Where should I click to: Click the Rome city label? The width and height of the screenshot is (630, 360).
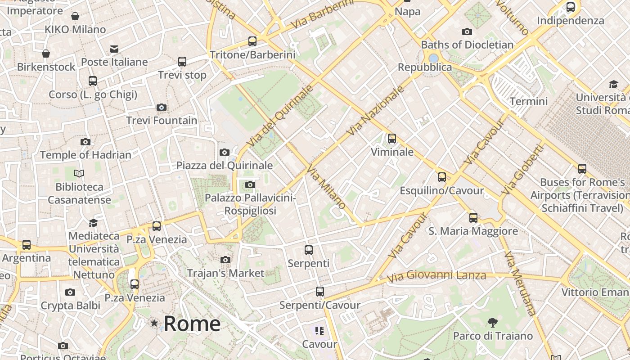coord(192,324)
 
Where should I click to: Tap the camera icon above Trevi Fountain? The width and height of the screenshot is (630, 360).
coord(162,107)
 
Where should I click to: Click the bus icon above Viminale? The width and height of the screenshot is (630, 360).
coord(392,138)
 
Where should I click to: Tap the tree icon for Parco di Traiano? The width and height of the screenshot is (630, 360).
coord(493,322)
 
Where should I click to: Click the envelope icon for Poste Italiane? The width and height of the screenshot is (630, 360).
coord(114,49)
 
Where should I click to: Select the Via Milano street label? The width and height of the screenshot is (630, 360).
coord(326,187)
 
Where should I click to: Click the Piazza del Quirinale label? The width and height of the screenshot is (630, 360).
coord(225,165)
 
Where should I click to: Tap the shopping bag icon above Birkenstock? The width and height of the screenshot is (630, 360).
coord(46,54)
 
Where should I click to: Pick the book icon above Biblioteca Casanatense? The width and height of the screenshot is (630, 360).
coord(79,173)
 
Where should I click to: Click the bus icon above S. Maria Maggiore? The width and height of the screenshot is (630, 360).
coord(473,218)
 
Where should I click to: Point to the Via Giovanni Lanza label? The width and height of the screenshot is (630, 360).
coord(437,275)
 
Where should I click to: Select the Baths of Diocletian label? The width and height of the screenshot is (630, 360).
coord(467,45)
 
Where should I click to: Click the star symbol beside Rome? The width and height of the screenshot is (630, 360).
coord(155,323)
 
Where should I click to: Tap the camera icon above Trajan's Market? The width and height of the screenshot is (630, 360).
coord(225,260)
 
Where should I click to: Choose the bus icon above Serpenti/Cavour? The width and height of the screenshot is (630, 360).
coord(320,292)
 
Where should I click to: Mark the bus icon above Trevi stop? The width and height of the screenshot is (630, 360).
coord(182,61)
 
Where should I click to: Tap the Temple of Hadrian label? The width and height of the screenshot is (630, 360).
coord(85,155)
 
